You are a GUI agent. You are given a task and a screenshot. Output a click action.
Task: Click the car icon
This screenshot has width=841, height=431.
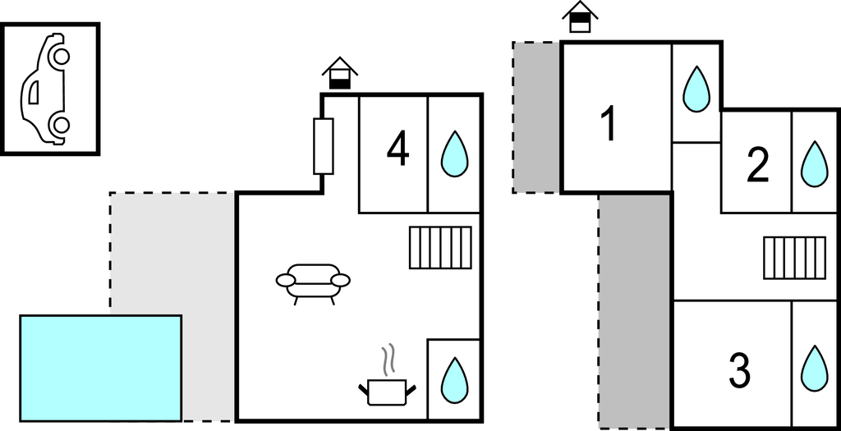pos(45,89)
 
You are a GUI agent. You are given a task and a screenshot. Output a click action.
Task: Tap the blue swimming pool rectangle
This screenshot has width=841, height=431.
pos(101,369)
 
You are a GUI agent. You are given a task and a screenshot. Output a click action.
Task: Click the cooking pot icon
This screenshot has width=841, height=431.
pos(388,392)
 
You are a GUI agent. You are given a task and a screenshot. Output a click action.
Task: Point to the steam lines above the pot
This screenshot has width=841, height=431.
pos(388,360)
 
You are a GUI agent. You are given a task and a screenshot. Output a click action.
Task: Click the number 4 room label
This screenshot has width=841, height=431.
pos(398,150)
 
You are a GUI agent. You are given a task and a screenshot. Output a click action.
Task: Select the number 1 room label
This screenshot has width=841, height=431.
pos(609,124)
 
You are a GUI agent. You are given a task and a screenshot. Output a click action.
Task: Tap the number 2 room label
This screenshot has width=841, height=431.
pos(757,166)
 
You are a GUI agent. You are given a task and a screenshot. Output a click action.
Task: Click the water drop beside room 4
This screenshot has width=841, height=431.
pos(454,154)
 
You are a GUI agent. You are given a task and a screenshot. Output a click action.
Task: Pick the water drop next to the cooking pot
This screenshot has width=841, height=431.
pos(454,381)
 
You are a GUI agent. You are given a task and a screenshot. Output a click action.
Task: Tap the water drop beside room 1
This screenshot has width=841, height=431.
pos(696,89)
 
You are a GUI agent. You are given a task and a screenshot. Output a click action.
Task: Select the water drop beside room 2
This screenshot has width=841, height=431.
pos(814,164)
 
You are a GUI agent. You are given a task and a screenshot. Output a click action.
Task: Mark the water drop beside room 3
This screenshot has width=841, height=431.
pos(814,369)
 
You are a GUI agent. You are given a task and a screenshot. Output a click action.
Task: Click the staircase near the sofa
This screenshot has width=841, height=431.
pos(440,247)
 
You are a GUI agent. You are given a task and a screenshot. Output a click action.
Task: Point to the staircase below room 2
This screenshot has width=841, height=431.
pos(795,258)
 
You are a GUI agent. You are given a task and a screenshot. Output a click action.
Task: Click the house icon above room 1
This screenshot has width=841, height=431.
pos(580,17)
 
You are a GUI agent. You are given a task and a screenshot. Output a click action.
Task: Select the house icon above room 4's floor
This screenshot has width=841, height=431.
pos(339,73)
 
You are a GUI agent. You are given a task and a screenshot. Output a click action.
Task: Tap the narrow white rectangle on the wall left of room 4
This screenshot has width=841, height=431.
pos(324,146)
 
